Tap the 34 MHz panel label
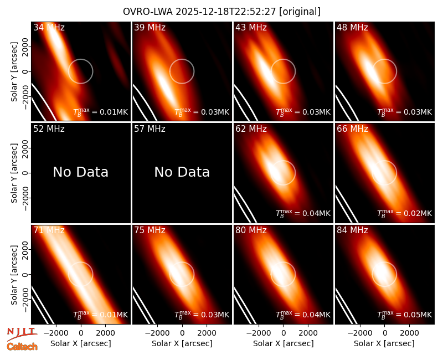pos(49,27)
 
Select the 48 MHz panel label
pos(352,27)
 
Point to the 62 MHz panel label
pos(251,129)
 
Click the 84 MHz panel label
pos(352,230)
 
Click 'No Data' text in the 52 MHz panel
pos(80,172)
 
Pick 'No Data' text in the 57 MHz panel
pos(182,172)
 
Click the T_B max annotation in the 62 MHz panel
pos(303,213)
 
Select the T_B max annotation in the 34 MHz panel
pos(101,112)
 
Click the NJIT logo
pos(22,333)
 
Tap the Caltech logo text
pos(22,347)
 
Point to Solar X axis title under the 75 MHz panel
pos(182,343)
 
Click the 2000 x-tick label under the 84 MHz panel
pos(409,333)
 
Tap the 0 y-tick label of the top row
pos(25,71)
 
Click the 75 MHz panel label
pos(150,230)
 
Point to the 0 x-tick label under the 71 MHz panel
pos(81,333)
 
